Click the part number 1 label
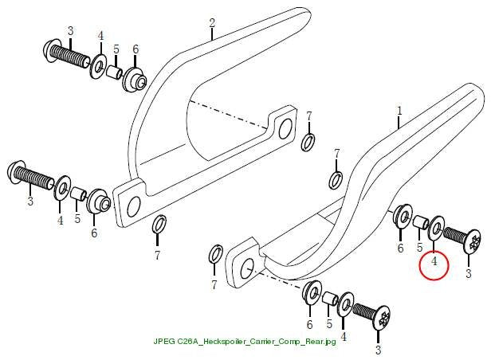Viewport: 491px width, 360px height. click(x=399, y=111)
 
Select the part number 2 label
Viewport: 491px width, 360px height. click(x=212, y=23)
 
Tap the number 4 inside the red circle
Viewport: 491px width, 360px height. click(x=434, y=261)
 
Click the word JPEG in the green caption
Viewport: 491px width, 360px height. click(x=164, y=341)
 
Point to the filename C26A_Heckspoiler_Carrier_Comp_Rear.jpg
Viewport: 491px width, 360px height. click(x=257, y=341)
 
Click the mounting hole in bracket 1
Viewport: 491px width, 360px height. click(x=247, y=268)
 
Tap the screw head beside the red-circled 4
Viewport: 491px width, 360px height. click(x=472, y=242)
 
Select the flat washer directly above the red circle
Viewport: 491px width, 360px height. click(x=437, y=229)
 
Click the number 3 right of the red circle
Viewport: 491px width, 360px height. click(x=469, y=273)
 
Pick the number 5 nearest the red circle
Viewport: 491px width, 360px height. click(x=419, y=248)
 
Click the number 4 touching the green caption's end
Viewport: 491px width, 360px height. click(x=344, y=337)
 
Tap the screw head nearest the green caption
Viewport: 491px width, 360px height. click(x=382, y=317)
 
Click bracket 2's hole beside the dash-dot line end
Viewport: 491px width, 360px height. click(x=285, y=128)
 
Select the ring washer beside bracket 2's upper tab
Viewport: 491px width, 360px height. click(x=308, y=143)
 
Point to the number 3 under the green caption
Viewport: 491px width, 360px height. click(x=379, y=350)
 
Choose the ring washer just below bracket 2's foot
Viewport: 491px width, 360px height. click(x=159, y=225)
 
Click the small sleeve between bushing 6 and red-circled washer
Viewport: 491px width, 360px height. click(x=421, y=221)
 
